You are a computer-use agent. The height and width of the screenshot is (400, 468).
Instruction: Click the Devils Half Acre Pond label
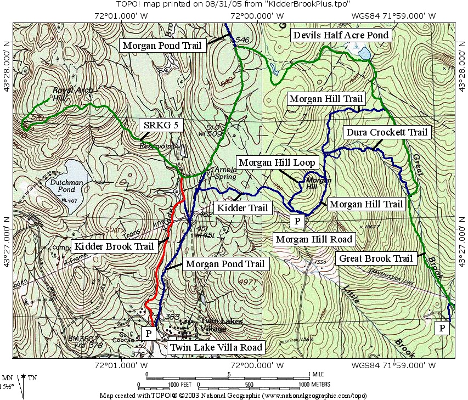click(x=341, y=35)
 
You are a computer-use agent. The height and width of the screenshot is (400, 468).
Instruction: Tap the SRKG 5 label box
click(x=156, y=125)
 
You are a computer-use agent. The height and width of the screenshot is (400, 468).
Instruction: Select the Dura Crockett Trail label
click(x=386, y=132)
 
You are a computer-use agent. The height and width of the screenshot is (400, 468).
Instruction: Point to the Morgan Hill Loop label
click(x=277, y=162)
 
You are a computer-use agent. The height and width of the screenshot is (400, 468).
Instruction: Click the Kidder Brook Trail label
click(x=114, y=246)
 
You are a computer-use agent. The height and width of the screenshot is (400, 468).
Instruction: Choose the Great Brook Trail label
click(x=376, y=258)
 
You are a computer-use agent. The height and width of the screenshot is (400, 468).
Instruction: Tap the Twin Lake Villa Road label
click(x=216, y=347)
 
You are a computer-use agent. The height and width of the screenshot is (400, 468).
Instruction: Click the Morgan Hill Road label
click(x=314, y=239)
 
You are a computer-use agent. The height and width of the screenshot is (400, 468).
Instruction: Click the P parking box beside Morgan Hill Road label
click(x=296, y=221)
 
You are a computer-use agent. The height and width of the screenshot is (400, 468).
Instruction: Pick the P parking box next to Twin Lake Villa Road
click(x=148, y=333)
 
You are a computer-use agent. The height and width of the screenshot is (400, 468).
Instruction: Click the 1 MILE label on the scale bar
click(x=318, y=374)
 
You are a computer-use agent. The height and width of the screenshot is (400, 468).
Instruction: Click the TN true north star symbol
click(x=24, y=378)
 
